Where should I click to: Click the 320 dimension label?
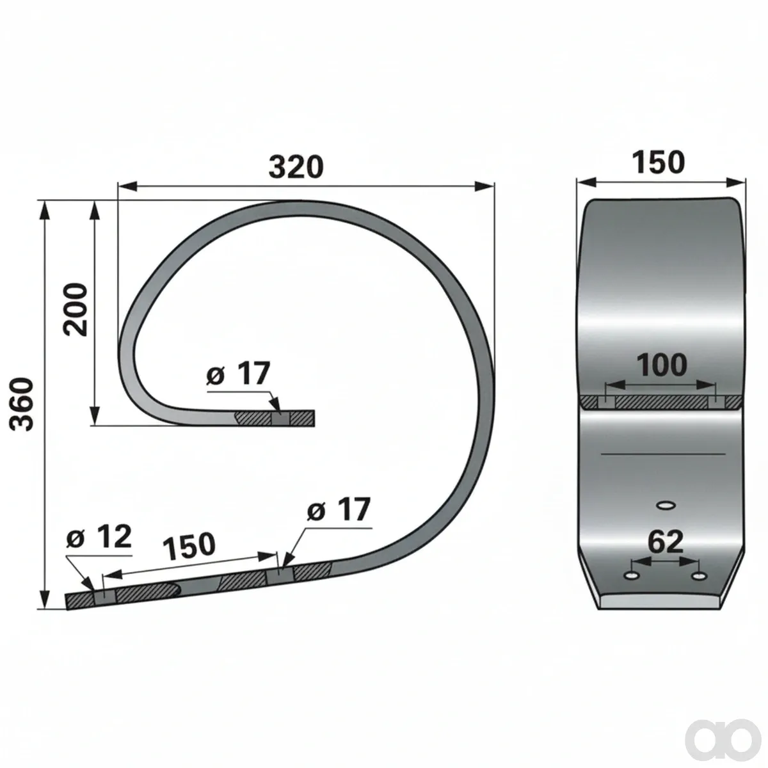click(x=296, y=168)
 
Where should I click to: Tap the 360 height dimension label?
click(x=22, y=404)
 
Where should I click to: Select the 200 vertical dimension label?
click(x=75, y=310)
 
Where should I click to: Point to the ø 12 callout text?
click(x=99, y=537)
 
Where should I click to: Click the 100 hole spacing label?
click(x=662, y=365)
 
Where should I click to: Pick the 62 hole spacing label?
click(x=665, y=542)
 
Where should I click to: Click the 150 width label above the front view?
click(x=658, y=163)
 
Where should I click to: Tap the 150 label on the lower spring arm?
click(x=189, y=545)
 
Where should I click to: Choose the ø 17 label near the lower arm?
click(x=339, y=509)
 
